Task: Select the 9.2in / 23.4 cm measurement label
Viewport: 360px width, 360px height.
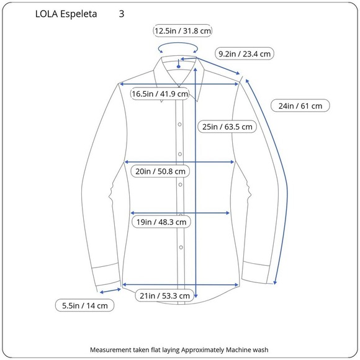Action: (x=244, y=53)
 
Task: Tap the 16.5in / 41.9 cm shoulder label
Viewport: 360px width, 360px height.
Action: (x=160, y=94)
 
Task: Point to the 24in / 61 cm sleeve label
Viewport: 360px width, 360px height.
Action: (x=300, y=106)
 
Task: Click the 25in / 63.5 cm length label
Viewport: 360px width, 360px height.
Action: (x=228, y=127)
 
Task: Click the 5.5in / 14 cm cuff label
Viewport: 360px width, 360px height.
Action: (x=85, y=305)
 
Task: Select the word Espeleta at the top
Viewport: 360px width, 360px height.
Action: (x=77, y=13)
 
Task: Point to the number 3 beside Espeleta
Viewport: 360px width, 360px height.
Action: (x=121, y=13)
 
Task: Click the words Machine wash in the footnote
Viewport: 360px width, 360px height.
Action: (x=260, y=350)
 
